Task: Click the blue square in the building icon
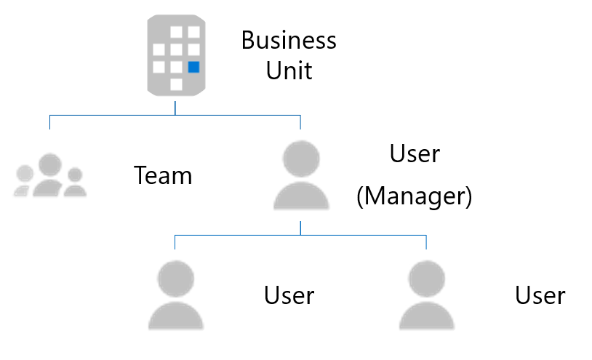pos(193,68)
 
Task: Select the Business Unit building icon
pos(175,55)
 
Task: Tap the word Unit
pos(289,71)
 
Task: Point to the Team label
pos(163,175)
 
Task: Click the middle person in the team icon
pos(49,175)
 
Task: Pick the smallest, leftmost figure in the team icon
pos(24,181)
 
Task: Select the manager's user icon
pos(300,176)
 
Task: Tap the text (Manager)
pos(415,196)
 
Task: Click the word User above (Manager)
pos(415,154)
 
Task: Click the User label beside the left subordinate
pos(289,295)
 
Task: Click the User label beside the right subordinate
pos(540,295)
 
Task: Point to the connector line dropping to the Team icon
pos(49,121)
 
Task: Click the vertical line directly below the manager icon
pos(300,228)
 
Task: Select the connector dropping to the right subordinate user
pos(426,241)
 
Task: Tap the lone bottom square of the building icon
pos(175,84)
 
